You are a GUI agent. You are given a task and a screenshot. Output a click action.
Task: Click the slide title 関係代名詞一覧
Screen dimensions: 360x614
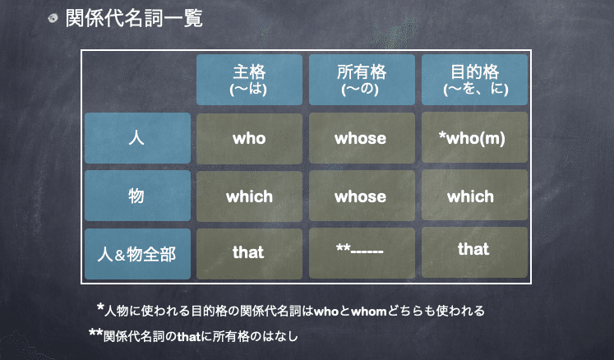[x=133, y=17]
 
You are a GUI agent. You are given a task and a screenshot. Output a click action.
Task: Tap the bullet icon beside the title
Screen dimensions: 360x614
[x=53, y=18]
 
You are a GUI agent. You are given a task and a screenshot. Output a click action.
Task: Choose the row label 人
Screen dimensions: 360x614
[x=137, y=138]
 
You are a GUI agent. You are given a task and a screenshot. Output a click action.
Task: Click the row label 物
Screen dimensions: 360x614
[x=137, y=196]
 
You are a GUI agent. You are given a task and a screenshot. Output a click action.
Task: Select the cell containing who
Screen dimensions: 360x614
[x=249, y=138]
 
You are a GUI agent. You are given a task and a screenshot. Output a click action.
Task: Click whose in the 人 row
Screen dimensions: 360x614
[x=361, y=138]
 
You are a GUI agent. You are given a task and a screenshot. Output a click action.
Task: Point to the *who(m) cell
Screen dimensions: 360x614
[x=473, y=138]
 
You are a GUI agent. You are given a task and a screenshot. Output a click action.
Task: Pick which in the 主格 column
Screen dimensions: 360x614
[x=249, y=196]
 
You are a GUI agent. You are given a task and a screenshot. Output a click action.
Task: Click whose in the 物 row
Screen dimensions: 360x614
[x=361, y=196]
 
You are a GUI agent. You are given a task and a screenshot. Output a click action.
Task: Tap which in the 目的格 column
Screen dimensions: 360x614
[x=473, y=196]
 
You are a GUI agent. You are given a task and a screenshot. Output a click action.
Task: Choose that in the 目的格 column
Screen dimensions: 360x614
[x=473, y=250]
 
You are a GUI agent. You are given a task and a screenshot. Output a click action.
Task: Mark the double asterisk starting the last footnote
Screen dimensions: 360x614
[x=95, y=333]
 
